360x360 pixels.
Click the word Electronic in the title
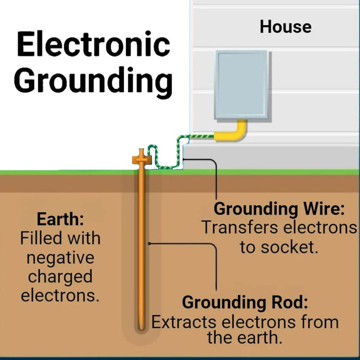click(93, 45)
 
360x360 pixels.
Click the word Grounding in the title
click(93, 80)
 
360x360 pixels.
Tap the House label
click(285, 26)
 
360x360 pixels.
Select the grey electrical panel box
click(241, 85)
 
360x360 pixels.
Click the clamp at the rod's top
click(141, 158)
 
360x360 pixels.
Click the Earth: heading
click(60, 219)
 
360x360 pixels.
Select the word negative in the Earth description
click(60, 257)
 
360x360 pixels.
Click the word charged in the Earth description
click(60, 276)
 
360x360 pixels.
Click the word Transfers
click(240, 227)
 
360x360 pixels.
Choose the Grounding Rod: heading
click(244, 302)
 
